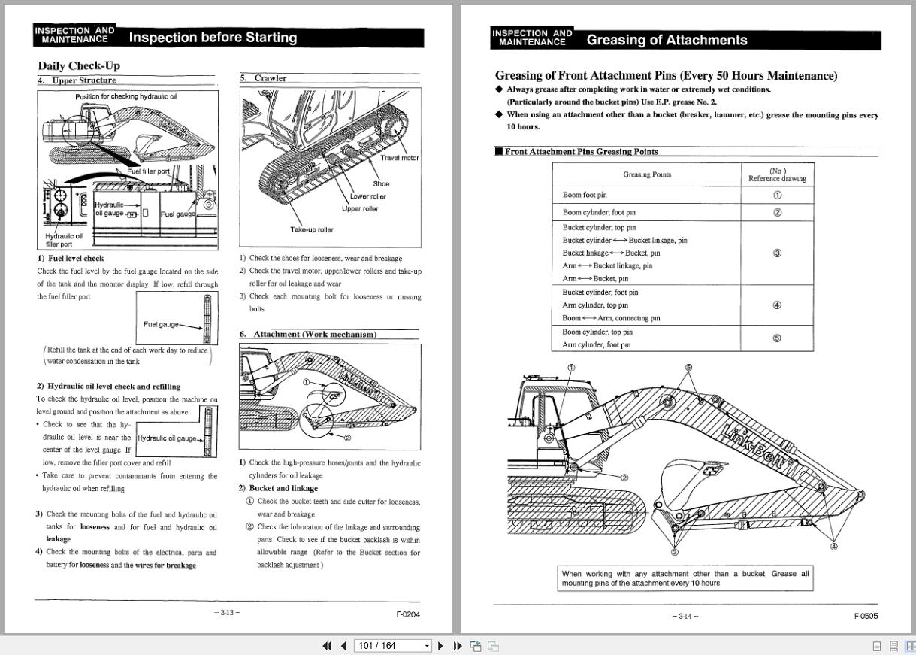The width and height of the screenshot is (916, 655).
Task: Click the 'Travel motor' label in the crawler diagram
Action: coord(400,158)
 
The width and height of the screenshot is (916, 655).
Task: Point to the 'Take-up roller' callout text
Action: coord(312,229)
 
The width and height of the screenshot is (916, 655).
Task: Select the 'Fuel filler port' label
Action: coord(149,171)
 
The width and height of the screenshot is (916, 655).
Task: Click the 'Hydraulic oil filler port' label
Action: coord(64,240)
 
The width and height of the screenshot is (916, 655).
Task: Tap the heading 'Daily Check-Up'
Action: coord(79,65)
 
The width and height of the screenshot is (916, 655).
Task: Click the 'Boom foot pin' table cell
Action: coord(585,195)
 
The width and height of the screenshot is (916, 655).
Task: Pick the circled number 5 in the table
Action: coord(777,338)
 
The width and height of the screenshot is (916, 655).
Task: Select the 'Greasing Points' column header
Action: coord(647,174)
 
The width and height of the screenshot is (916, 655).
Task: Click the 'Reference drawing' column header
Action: coord(777,175)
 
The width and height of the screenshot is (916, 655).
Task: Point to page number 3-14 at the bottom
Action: coord(685,617)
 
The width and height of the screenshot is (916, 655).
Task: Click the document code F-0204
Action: coord(408,614)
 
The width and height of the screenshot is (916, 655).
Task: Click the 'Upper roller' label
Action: coord(360,208)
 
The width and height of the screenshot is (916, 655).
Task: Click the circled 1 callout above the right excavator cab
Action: coord(571,368)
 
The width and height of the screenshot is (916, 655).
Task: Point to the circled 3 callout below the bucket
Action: coord(674,553)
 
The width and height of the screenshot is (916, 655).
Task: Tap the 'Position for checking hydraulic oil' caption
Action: coord(126,96)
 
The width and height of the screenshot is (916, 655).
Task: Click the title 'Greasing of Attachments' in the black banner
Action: coord(667,41)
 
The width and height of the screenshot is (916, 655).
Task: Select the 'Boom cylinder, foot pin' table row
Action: coord(599,212)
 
